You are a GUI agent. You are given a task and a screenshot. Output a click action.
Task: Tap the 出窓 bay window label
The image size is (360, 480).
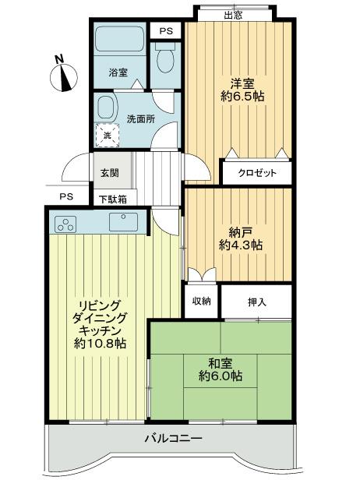click(x=232, y=14)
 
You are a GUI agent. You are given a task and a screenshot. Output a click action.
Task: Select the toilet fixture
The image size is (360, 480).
click(x=164, y=59)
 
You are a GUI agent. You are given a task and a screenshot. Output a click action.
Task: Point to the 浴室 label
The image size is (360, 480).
click(x=118, y=73)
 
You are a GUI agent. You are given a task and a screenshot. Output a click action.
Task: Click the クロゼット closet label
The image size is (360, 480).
click(x=257, y=172)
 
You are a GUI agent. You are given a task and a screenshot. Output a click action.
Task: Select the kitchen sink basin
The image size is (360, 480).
click(x=123, y=223)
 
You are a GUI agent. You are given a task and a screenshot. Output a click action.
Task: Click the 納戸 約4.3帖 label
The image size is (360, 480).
click(x=240, y=237)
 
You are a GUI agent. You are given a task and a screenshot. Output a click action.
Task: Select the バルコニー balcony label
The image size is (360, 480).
click(x=172, y=439)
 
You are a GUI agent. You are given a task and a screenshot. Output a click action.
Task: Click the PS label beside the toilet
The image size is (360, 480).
click(x=165, y=30)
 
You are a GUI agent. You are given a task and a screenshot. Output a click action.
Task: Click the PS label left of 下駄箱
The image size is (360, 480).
click(x=67, y=196)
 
